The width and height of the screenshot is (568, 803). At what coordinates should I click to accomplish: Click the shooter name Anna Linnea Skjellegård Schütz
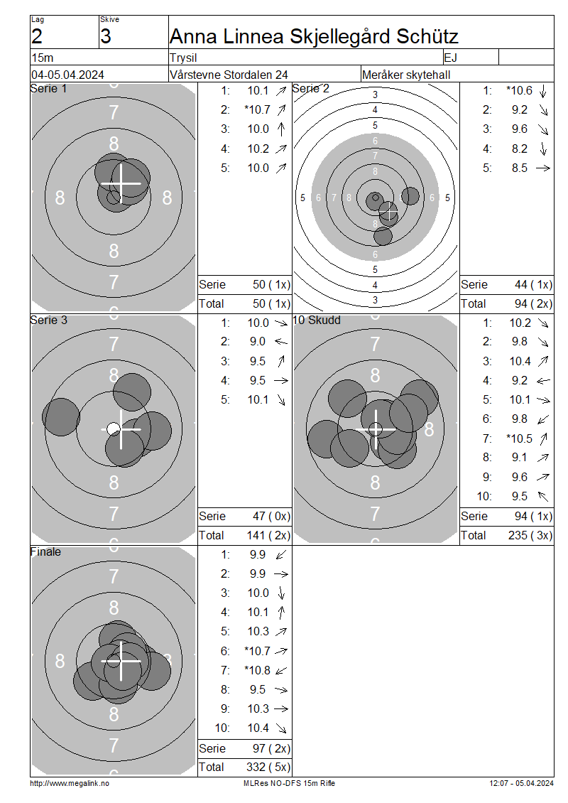[x=314, y=36]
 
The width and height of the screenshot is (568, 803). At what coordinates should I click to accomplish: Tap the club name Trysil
[x=183, y=58]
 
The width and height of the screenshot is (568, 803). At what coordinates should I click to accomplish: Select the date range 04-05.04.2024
[x=67, y=75]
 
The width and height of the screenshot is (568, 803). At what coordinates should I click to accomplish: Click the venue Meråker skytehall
[x=406, y=75]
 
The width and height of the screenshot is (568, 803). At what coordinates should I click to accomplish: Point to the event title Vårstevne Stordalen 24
[x=229, y=75]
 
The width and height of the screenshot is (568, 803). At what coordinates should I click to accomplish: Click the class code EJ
[x=450, y=58]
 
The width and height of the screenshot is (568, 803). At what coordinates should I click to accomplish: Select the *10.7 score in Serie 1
[x=258, y=109]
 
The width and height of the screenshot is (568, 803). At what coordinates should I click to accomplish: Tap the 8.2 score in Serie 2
[x=520, y=149]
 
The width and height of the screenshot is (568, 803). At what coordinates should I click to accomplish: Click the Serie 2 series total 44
[x=521, y=285]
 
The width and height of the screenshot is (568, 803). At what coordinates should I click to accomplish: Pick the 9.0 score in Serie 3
[x=258, y=342]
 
